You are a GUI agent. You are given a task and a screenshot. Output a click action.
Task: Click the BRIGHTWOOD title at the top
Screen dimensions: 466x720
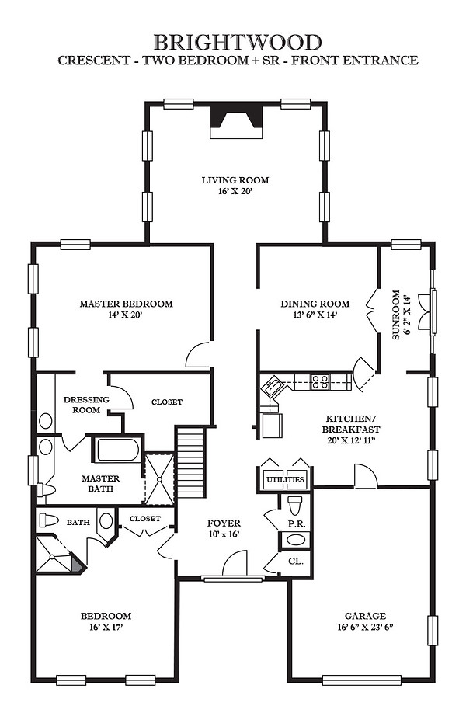pos(238,42)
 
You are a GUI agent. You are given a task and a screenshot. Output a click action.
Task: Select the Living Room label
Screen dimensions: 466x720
pos(235,180)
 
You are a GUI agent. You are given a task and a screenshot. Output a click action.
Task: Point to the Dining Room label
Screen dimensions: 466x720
pos(315,304)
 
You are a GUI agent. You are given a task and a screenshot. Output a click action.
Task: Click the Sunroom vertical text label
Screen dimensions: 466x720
pos(396,315)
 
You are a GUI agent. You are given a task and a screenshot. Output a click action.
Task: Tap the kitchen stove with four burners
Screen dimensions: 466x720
pos(321,382)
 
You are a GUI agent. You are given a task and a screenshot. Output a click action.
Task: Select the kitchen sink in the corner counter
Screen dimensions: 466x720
pos(272,386)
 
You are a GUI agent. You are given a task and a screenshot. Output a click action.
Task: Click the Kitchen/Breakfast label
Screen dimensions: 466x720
pos(351,424)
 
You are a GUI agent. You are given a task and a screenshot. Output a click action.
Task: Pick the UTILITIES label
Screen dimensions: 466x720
pos(285,480)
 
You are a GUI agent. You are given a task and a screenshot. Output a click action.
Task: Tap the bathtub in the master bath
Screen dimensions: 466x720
pos(118,450)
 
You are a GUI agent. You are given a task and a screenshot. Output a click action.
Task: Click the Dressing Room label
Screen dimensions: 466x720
pos(86,405)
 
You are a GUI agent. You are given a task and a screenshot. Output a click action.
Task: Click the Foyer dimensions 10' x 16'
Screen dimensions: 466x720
pos(224,534)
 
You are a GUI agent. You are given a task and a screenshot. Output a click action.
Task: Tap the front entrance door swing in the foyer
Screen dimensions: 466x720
pos(235,562)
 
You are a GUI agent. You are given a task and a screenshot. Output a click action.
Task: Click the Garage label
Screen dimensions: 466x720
pos(365,616)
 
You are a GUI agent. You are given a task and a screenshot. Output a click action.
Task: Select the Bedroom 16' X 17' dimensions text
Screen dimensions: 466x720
pos(106,628)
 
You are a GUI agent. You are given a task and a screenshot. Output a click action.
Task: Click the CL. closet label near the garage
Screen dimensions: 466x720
pos(295,561)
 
